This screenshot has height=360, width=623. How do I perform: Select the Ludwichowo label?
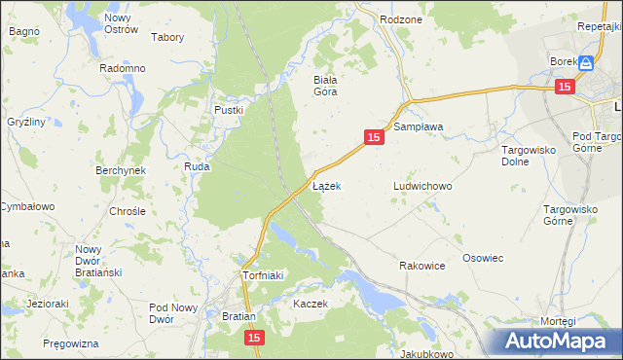click(423, 186)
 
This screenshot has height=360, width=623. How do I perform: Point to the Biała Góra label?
click(324, 86)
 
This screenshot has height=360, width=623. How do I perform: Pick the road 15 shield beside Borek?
click(566, 87)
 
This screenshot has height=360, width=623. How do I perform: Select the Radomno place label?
click(123, 69)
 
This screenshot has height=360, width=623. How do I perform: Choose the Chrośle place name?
click(128, 211)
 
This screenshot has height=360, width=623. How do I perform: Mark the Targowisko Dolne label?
click(527, 156)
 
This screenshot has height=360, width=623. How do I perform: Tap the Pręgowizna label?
click(71, 344)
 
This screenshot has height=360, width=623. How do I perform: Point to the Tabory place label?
click(168, 38)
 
